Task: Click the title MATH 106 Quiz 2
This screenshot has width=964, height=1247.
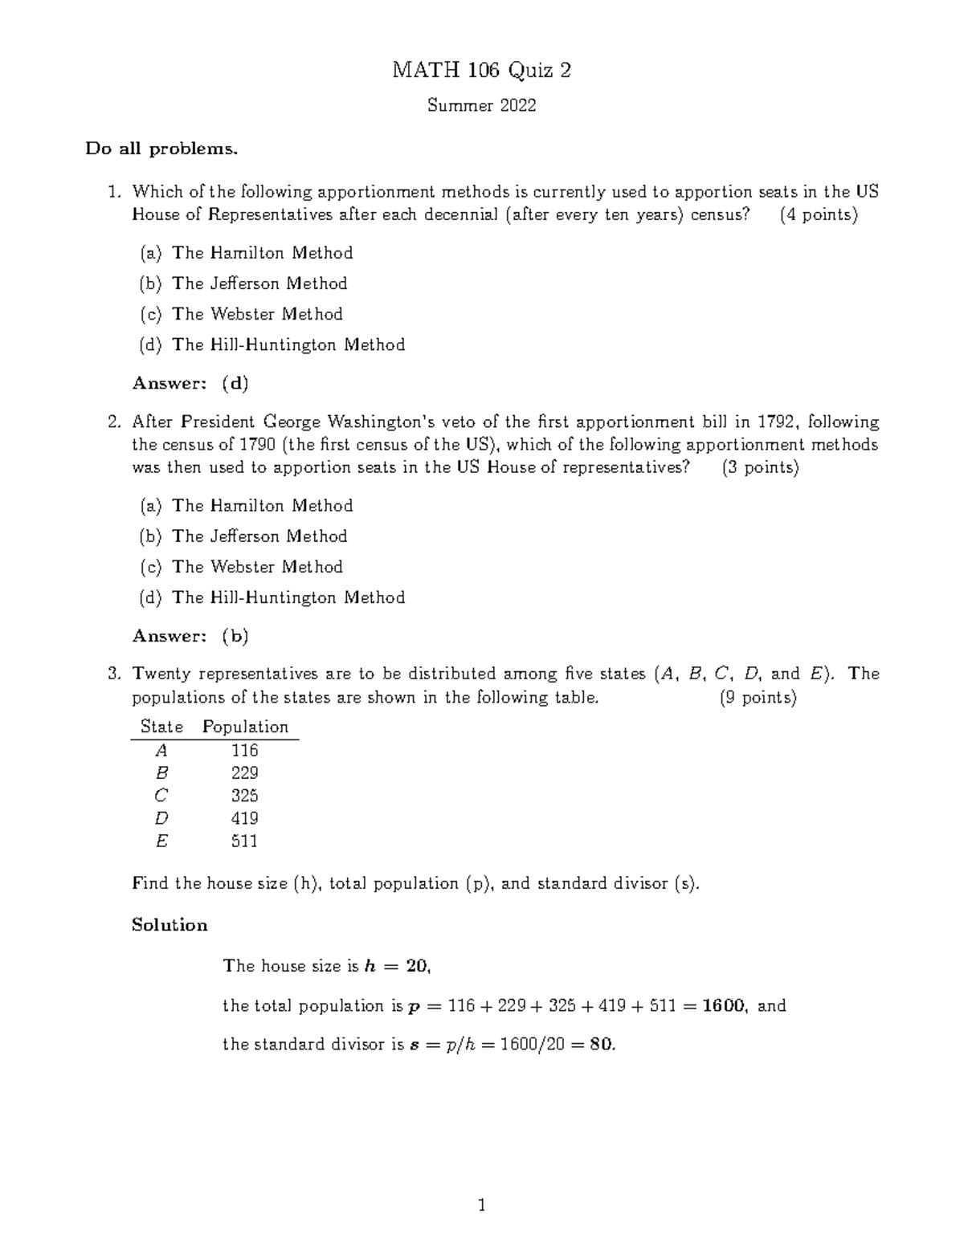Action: click(481, 71)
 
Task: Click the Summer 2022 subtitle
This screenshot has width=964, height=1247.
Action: click(481, 105)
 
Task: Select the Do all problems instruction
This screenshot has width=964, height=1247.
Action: click(162, 149)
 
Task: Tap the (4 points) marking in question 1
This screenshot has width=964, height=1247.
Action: click(819, 214)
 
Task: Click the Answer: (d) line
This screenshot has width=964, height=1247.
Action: click(190, 383)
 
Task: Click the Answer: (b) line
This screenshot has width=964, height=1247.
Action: click(190, 636)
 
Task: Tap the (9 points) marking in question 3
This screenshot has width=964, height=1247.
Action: click(758, 697)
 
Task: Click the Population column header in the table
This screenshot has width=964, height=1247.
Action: click(245, 727)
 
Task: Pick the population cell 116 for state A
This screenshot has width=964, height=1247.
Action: click(244, 750)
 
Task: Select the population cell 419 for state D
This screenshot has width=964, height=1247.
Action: click(244, 818)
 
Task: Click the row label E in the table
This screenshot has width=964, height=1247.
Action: click(162, 841)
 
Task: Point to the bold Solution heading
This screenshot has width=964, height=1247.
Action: click(170, 925)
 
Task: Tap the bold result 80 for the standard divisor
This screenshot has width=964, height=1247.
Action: click(601, 1045)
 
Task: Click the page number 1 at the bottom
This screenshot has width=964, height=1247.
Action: click(481, 1205)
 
